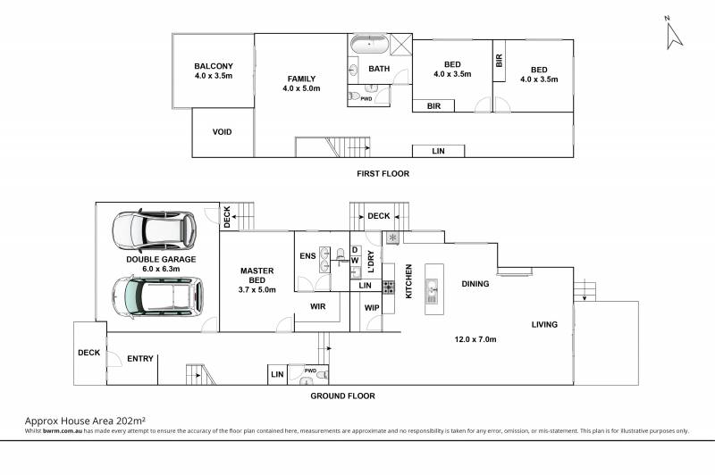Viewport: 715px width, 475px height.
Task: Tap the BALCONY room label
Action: click(x=214, y=66)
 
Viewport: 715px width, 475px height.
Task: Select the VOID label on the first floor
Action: click(x=222, y=132)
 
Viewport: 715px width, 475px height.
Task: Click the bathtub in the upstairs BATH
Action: click(x=369, y=45)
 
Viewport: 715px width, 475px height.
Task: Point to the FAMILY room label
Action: click(x=301, y=79)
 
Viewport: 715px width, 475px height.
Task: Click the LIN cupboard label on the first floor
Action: click(x=438, y=151)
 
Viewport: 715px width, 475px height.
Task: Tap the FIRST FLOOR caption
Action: click(x=383, y=173)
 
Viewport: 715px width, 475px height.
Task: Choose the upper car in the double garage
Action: click(x=154, y=231)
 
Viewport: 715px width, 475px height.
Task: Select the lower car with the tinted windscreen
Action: click(x=157, y=297)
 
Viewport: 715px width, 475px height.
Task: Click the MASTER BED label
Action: click(x=257, y=276)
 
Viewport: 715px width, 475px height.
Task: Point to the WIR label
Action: click(x=318, y=306)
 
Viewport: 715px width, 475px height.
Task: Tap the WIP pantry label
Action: click(x=372, y=308)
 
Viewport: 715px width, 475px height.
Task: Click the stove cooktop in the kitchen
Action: click(x=389, y=287)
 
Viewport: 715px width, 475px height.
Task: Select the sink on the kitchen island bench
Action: click(x=432, y=291)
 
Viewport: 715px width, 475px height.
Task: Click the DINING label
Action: click(x=475, y=284)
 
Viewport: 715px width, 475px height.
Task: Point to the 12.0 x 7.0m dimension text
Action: click(x=475, y=339)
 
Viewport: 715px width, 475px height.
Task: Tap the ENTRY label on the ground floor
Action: click(x=140, y=359)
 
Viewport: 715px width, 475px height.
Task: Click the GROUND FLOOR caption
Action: click(x=343, y=396)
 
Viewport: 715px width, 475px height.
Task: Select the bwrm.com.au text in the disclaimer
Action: click(x=63, y=431)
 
